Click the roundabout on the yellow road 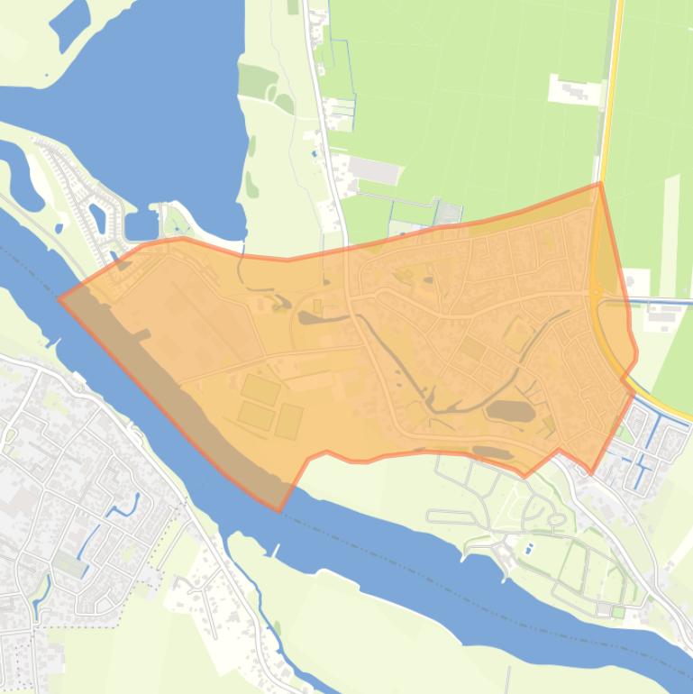coord(596,291)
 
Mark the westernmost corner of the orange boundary coord(59,298)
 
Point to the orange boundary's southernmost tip coord(279,510)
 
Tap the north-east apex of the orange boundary coord(600,184)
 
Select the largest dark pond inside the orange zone coord(511,412)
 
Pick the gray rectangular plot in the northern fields coord(373,169)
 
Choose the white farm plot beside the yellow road coord(574,90)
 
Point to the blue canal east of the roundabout coord(662,301)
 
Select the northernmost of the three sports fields coord(260,388)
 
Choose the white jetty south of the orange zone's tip coord(278,548)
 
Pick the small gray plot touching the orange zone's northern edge coord(448,213)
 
